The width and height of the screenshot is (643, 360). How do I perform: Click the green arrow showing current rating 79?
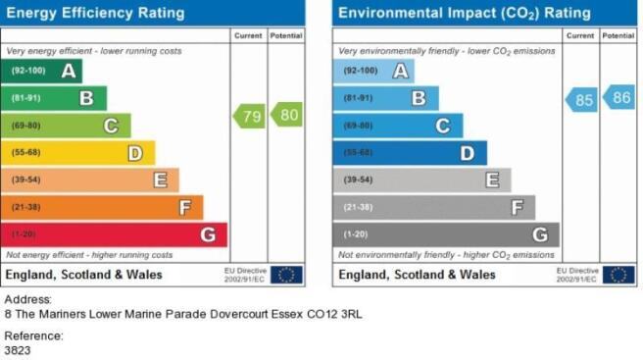pos(249,116)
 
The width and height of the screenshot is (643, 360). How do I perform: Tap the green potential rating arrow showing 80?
pos(286,115)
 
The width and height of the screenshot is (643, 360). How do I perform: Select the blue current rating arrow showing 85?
pos(581,100)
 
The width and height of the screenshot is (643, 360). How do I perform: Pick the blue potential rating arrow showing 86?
pos(618,97)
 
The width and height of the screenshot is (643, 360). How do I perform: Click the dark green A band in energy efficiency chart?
pos(41,71)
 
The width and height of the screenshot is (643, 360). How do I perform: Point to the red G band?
pos(114,234)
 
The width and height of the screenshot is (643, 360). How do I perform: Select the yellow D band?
pos(77,153)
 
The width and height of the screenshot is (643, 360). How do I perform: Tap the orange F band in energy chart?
pos(102,207)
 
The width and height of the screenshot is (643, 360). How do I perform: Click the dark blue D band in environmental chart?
pos(410,153)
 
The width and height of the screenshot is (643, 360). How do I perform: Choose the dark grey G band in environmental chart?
pos(446,234)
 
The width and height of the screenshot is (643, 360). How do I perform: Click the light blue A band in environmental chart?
pos(373,71)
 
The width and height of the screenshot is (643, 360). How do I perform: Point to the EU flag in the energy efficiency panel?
pos(286,275)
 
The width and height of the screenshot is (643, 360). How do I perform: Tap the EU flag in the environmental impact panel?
pos(618,275)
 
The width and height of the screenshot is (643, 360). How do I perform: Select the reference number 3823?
pos(18,350)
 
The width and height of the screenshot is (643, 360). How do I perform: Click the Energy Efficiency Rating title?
pos(95,13)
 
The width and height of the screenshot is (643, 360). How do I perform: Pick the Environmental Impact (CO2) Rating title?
pos(465,14)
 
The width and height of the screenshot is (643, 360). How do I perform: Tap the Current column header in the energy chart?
pos(248,35)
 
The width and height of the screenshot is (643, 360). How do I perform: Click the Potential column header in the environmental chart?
pos(618,35)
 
